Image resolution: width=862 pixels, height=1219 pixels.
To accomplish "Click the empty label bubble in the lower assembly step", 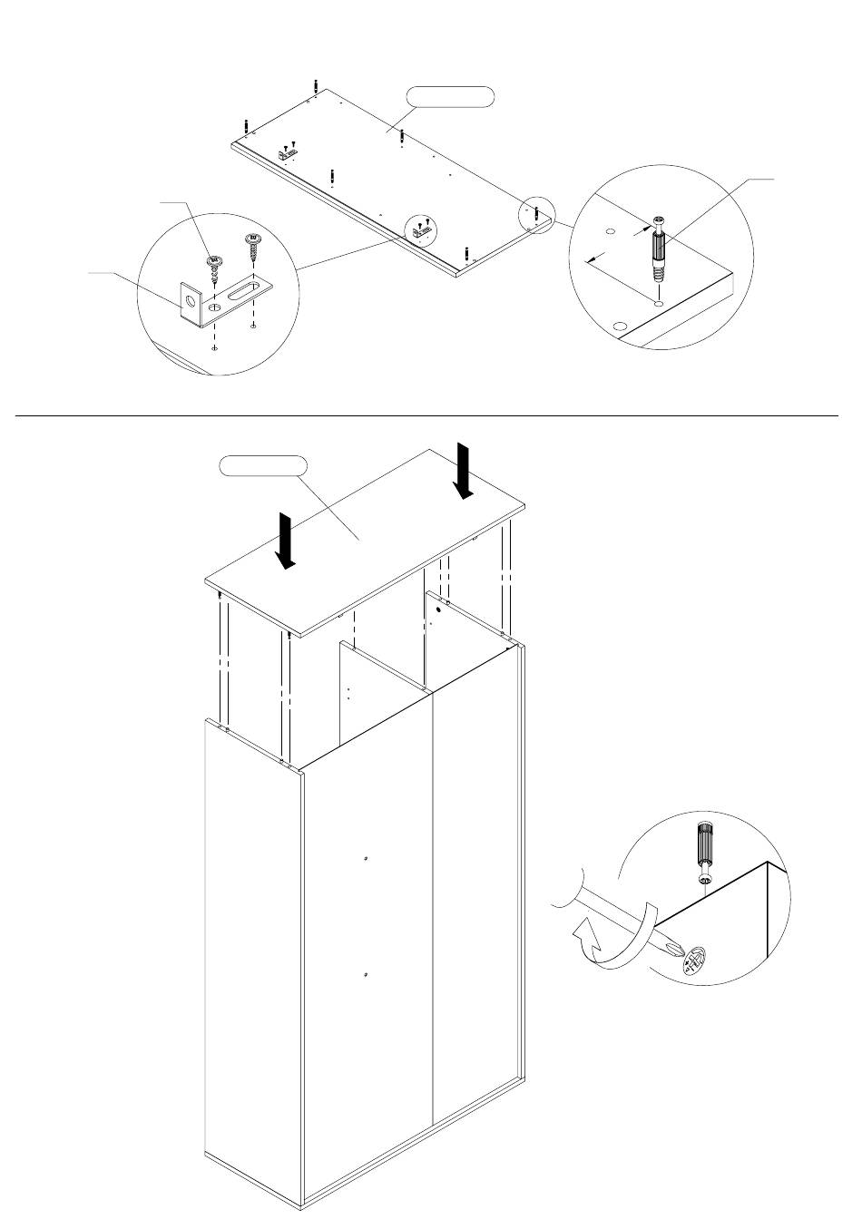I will tap(263, 466).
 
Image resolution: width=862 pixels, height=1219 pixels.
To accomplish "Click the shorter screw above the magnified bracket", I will tap(216, 269).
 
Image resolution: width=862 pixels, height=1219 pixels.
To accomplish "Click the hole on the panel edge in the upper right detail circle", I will tap(619, 325).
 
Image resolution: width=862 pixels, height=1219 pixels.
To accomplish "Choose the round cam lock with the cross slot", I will tap(695, 961).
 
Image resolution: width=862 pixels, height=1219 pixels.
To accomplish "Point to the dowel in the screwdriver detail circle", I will tap(704, 852).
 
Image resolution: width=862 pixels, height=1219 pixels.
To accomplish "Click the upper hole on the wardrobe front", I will tap(364, 858).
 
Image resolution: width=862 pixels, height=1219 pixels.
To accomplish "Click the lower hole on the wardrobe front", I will tap(364, 974).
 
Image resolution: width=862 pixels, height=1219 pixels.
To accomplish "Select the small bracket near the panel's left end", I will tap(289, 155).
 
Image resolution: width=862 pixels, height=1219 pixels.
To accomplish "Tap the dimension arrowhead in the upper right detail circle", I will tap(591, 260).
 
